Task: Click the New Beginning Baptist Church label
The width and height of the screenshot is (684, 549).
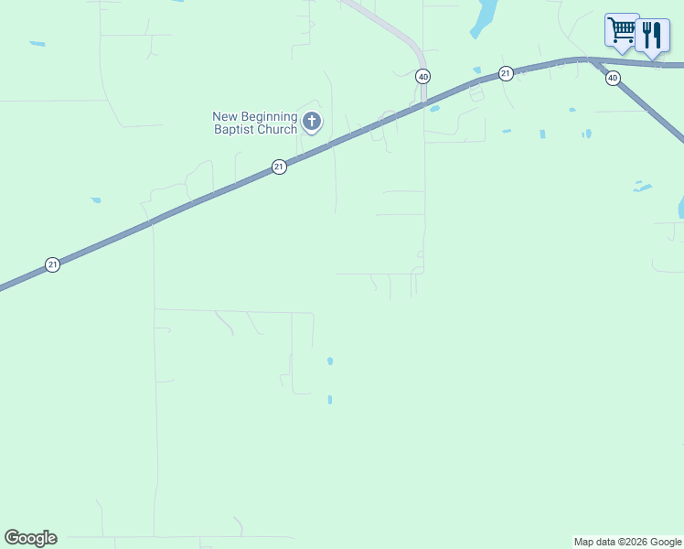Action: point(255,123)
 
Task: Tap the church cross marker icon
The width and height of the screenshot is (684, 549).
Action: point(312,121)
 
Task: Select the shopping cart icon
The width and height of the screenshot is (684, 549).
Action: point(622,29)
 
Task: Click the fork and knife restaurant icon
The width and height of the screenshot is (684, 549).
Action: point(652,35)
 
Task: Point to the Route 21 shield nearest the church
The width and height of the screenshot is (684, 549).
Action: point(279,167)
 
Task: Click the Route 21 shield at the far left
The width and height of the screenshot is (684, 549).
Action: point(52,264)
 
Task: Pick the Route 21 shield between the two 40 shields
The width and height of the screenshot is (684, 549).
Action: point(505,72)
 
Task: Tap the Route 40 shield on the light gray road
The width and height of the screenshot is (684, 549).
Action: point(422,76)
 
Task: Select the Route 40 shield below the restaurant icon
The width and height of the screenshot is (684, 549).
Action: point(613,78)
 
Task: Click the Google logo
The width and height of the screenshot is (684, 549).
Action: point(30,538)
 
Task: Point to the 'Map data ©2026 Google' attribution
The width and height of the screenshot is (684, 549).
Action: point(627,542)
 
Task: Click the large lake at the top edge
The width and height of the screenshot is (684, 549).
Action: point(485,16)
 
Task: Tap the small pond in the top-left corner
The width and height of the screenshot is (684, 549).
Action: point(37,43)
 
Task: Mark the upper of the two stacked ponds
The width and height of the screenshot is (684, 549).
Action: point(330,361)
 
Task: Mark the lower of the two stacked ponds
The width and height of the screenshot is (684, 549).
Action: point(330,400)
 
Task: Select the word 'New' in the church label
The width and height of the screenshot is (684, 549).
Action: point(225,116)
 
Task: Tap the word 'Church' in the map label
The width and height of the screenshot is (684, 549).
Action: point(277,129)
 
